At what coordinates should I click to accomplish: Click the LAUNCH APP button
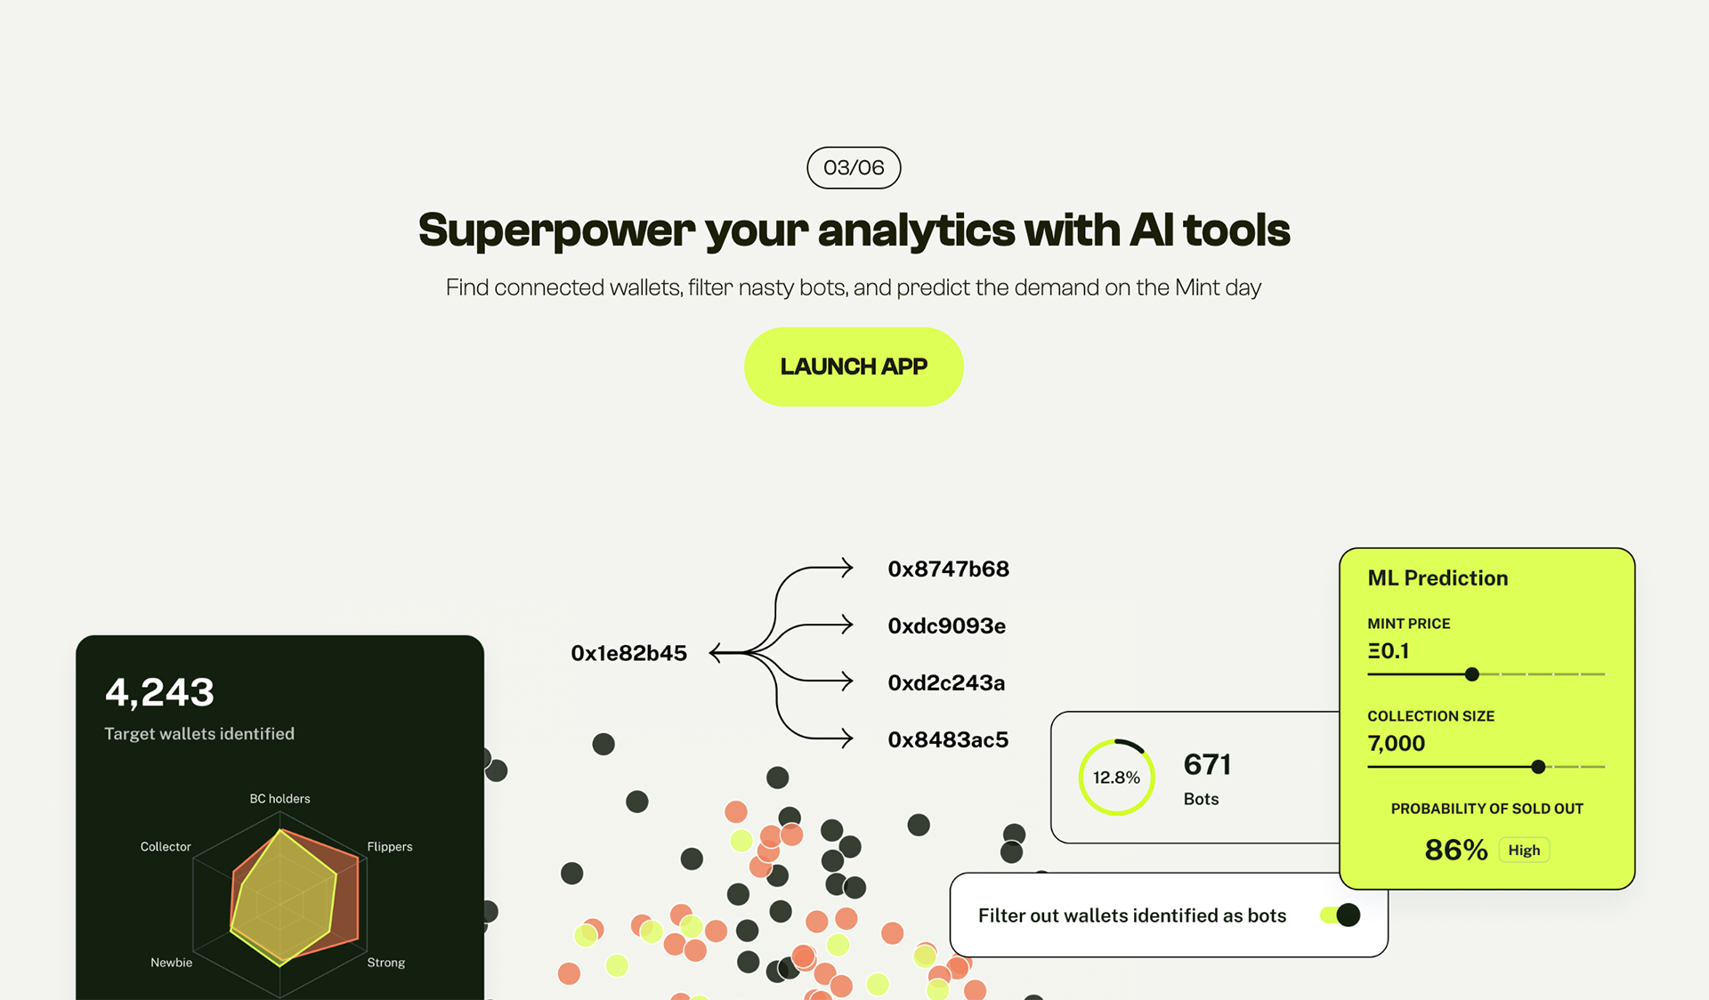(854, 367)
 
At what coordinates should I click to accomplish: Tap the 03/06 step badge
(854, 167)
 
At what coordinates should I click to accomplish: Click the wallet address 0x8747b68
(949, 569)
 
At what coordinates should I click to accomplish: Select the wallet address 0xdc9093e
(947, 626)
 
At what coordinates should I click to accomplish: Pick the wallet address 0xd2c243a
(946, 683)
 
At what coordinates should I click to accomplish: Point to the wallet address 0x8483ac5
(948, 740)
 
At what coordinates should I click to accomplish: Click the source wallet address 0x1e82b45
(629, 654)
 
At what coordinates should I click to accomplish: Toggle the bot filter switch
(1340, 915)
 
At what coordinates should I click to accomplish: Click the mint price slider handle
(1472, 674)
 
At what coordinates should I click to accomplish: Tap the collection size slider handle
(1538, 767)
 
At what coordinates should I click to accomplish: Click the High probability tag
(1524, 851)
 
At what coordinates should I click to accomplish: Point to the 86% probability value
(1456, 851)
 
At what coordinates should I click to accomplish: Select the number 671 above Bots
(1208, 764)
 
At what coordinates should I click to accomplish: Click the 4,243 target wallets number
(160, 692)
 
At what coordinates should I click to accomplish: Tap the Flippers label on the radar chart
(390, 847)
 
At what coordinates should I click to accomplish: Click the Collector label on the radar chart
(166, 847)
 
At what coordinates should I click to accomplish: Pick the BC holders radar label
(280, 799)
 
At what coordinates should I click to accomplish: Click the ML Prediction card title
(1438, 578)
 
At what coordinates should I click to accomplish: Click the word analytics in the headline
(916, 230)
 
